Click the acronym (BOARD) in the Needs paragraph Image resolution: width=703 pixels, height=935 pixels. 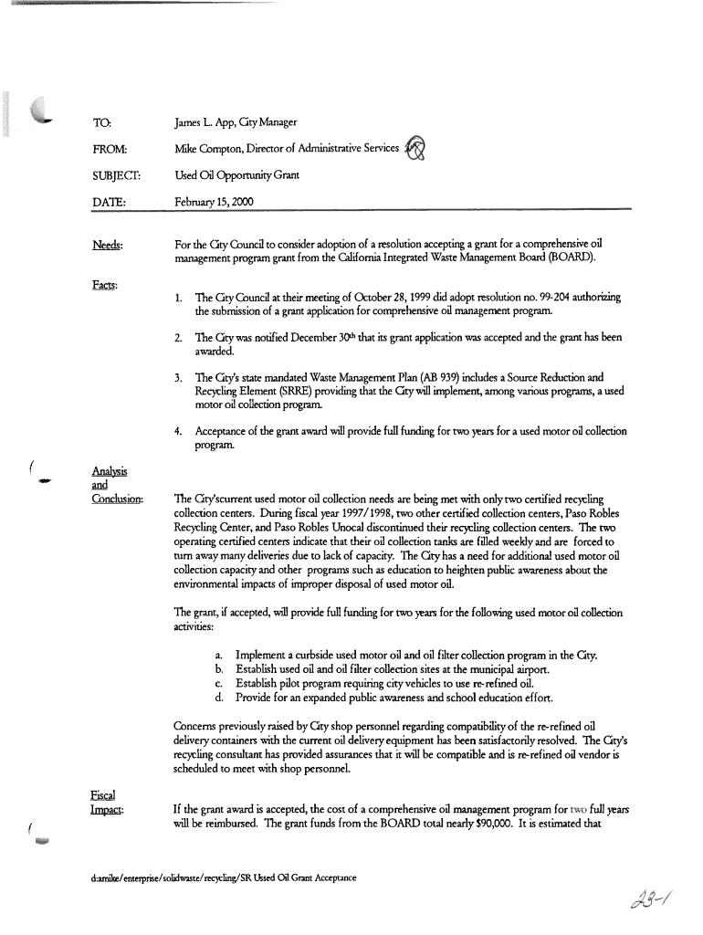coord(568,258)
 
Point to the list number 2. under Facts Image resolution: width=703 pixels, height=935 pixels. coord(178,337)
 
